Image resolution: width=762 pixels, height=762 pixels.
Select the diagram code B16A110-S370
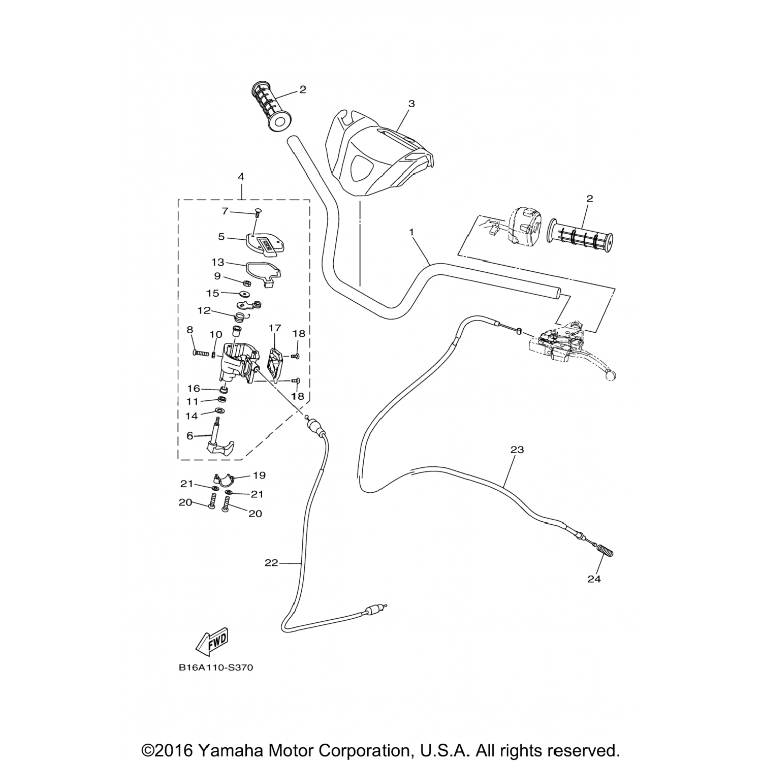pos(216,668)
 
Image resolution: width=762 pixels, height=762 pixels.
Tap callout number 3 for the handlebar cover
pos(411,104)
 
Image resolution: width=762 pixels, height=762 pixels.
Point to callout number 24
pos(594,579)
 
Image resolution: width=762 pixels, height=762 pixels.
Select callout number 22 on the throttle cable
pos(272,563)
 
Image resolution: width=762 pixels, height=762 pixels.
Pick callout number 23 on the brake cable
pos(517,450)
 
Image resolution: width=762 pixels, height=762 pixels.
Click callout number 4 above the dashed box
pos(241,177)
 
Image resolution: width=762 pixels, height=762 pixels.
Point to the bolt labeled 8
pos(202,353)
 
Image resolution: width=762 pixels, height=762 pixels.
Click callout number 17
pos(274,328)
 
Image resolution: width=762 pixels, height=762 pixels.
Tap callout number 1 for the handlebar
pos(411,232)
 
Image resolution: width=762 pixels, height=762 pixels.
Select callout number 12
pos(204,310)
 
